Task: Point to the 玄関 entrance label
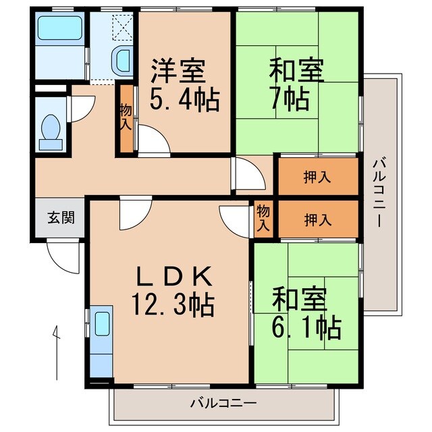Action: click(60, 218)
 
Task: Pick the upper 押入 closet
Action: click(317, 178)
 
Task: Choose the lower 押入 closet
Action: click(317, 219)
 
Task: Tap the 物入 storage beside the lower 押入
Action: click(263, 219)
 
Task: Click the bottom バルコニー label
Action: click(223, 404)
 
